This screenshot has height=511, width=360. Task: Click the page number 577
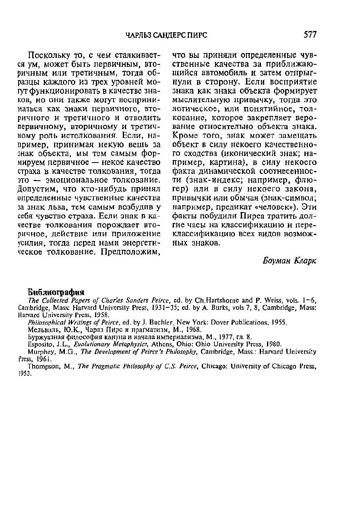click(x=310, y=35)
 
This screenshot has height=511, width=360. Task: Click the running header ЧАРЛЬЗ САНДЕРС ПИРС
click(x=166, y=35)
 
